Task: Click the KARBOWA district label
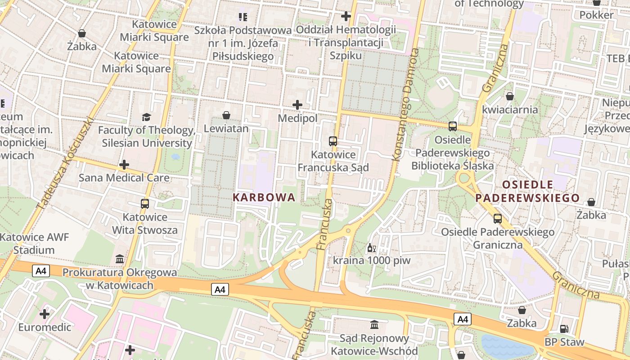[264, 197]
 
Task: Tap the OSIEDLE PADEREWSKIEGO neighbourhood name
[527, 191]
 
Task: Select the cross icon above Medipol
[297, 105]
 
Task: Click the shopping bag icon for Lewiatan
[226, 116]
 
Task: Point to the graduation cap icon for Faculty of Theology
[146, 117]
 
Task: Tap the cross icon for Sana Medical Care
[124, 165]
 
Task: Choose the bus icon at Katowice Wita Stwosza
[145, 204]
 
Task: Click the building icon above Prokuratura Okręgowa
[120, 259]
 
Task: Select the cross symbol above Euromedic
[45, 314]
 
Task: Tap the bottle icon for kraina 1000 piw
[372, 247]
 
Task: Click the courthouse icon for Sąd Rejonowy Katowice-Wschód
[374, 324]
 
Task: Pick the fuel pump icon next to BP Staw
[564, 329]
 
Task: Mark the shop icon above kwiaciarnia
[510, 96]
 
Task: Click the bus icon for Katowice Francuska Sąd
[333, 141]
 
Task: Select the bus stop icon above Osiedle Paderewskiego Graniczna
[498, 219]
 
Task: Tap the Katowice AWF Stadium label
[34, 243]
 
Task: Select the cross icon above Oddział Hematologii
[346, 17]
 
